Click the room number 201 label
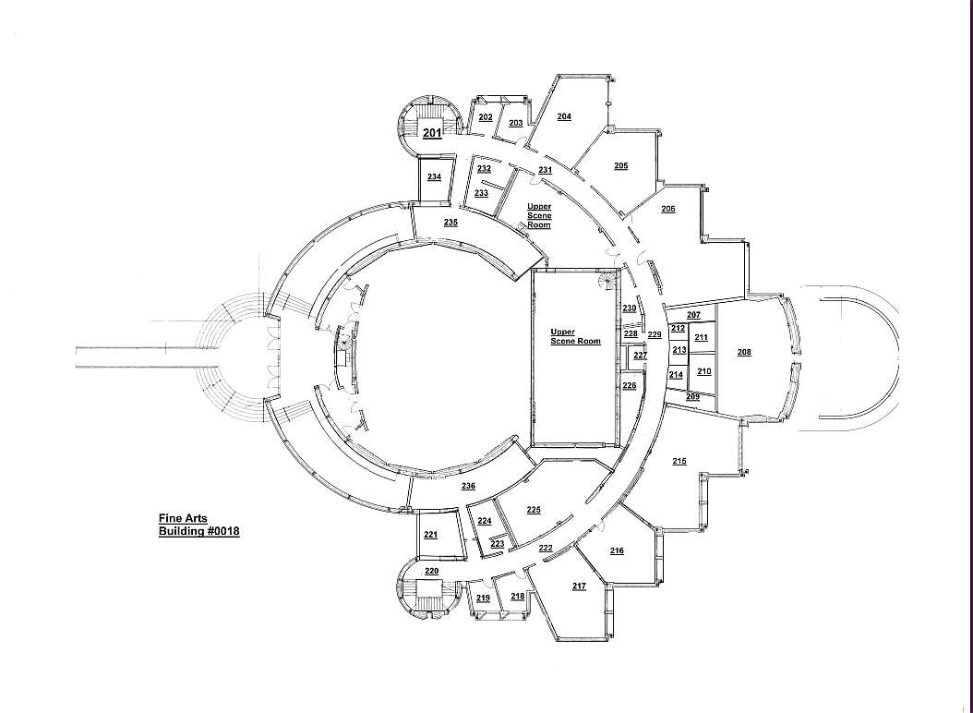[431, 133]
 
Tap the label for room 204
[564, 116]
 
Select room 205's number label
[620, 165]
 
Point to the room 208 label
[744, 352]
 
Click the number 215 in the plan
[679, 460]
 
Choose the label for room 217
[579, 586]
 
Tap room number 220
[431, 571]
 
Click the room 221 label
[430, 535]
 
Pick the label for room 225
[533, 510]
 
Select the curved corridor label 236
[468, 486]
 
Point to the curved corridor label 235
[450, 223]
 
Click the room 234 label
[434, 176]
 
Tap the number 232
[484, 168]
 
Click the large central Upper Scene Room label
[575, 336]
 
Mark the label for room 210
[703, 370]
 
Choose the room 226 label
[629, 385]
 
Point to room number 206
[667, 209]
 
